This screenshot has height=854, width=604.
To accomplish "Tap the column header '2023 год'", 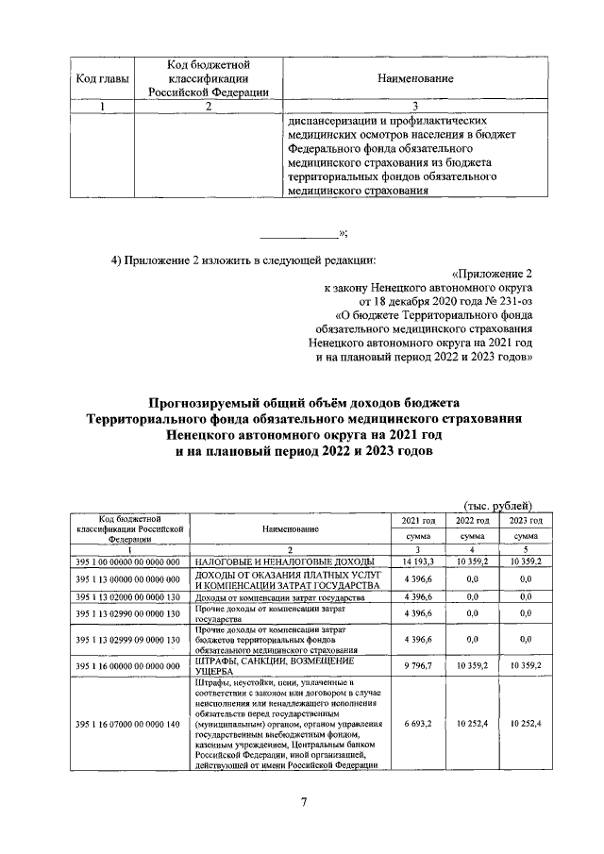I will click(x=525, y=520).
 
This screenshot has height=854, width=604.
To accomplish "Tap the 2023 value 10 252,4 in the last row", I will click(x=525, y=724).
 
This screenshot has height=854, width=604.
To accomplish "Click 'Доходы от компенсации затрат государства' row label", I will click(x=274, y=598).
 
